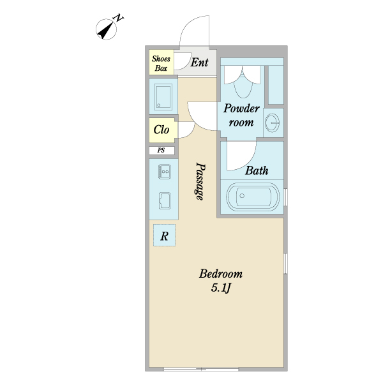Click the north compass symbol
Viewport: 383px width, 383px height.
(x=106, y=29)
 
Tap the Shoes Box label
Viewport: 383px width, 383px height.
(x=161, y=63)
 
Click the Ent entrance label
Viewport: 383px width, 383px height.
(x=200, y=63)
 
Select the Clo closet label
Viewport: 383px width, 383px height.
(x=161, y=130)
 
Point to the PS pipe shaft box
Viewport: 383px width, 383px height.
(x=161, y=151)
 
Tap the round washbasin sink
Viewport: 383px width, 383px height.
(x=272, y=123)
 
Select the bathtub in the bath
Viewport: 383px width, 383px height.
(x=253, y=196)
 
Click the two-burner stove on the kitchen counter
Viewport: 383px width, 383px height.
(x=165, y=172)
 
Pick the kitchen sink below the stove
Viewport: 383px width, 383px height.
(x=165, y=200)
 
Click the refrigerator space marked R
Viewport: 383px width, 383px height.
(x=164, y=235)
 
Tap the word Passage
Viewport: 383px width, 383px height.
(x=200, y=181)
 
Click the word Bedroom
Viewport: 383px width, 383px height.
(x=221, y=274)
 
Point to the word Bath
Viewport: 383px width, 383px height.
(x=257, y=170)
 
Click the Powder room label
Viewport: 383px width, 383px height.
(x=241, y=115)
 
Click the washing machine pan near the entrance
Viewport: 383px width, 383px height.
(x=163, y=96)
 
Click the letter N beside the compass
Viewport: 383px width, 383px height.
(x=118, y=18)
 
